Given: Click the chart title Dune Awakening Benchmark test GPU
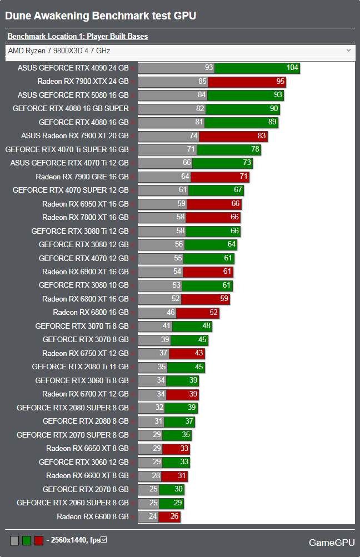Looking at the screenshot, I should click(x=101, y=16).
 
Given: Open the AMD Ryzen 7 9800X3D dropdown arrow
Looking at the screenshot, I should click(x=348, y=51).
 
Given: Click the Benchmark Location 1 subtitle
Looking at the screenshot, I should click(x=77, y=37).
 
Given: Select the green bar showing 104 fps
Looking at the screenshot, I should click(x=257, y=68).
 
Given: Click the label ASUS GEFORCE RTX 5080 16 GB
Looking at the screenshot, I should click(x=73, y=95).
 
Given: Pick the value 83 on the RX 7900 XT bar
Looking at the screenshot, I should click(x=262, y=136).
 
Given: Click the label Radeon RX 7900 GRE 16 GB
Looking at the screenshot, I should click(x=82, y=177).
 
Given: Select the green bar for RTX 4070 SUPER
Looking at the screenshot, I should click(x=216, y=190).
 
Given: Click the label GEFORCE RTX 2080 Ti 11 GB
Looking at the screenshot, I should click(x=80, y=367).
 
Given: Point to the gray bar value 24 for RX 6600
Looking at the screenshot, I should click(x=153, y=517).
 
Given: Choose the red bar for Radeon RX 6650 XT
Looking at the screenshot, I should click(x=176, y=449).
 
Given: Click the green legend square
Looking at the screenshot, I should click(x=27, y=540).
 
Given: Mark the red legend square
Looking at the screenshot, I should click(x=39, y=540).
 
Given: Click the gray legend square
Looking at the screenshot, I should click(x=14, y=540).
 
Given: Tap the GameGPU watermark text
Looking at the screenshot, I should click(x=331, y=542).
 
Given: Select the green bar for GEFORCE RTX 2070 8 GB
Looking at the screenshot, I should click(x=172, y=490).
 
